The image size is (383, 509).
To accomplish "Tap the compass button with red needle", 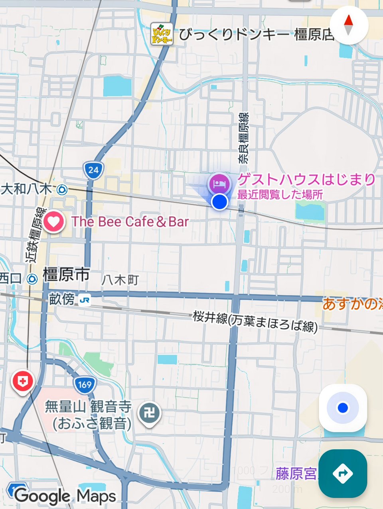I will point(348,25).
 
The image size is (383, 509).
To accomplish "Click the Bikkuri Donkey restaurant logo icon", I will point(162,34).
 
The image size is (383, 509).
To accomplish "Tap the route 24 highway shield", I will point(93,170).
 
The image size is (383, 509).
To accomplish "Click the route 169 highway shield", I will point(85,384).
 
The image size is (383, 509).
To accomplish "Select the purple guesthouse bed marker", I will point(219,184).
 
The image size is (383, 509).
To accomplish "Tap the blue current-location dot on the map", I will point(219,202).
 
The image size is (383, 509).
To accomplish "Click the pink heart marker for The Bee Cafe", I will point(54,221).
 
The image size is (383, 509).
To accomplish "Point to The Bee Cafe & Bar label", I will point(130,221).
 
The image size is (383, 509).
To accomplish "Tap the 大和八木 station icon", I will point(62,190).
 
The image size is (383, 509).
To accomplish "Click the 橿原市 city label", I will point(66,275).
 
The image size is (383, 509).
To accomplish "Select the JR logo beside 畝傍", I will point(85,300).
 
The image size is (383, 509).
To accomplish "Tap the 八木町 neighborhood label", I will point(120,280).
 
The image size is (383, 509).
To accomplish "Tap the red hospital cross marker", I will point(23,381).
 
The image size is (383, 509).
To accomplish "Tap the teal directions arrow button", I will point(343,473).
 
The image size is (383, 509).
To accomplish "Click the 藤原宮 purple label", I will point(296,474).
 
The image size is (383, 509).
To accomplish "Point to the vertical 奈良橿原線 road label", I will point(243,138).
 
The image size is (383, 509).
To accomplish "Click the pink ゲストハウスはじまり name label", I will point(306,180).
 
